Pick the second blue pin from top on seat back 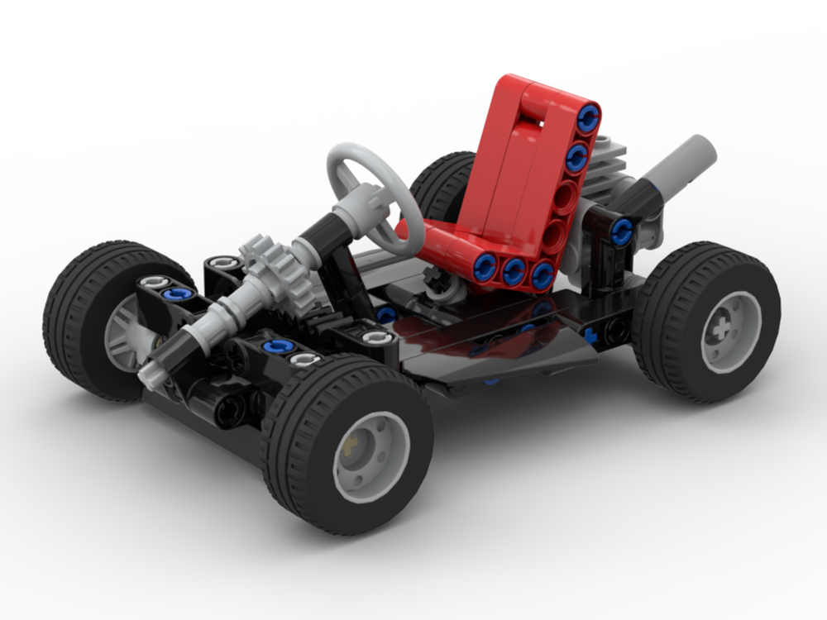coord(578,155)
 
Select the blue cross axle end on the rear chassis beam coord(590,336)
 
